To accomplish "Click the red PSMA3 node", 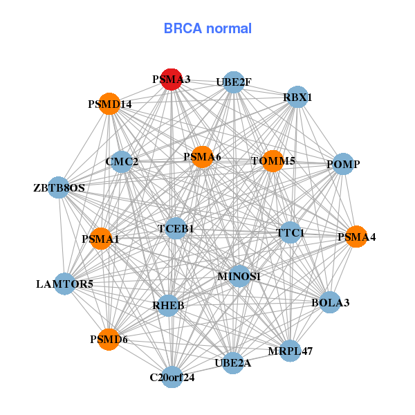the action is coord(171,79).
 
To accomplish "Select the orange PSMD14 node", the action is coord(109,104).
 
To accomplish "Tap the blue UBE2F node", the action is coord(234,82).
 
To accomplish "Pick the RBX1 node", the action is coord(295,98).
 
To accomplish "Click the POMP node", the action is coord(344,164).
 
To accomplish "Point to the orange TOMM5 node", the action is coord(273,161).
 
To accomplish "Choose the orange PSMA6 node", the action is coord(202,157).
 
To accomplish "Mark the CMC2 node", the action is coord(122,162).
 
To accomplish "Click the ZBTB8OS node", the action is coord(59,187).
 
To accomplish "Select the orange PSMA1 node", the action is coord(101,239).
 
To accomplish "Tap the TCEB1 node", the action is coord(176,228).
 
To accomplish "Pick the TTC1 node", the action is coord(290,233).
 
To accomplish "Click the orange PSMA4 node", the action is coord(356,237).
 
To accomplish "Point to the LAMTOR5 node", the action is coord(64,284).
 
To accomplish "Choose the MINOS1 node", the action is coord(239,277).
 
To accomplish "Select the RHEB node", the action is coord(169,304).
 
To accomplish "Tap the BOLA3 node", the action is coord(330,302).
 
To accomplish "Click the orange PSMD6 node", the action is coord(109,339).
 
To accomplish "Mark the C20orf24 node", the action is coord(172,377).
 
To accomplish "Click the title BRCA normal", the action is coord(207,28).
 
